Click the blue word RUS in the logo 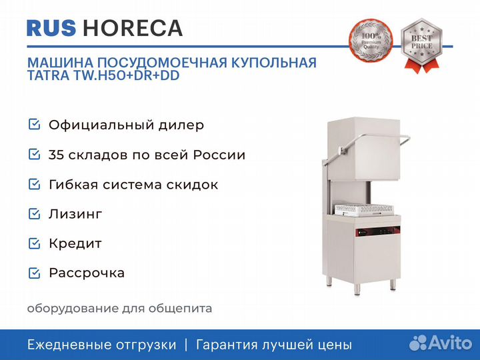51,28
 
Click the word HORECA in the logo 133,28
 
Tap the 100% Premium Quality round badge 371,41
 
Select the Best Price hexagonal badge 421,45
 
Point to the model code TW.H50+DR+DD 126,75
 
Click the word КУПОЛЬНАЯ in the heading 274,63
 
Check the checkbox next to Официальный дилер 34,125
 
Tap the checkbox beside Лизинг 34,214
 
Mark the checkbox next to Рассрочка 34,273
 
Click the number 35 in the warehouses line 56,155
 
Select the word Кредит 75,244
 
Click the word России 219,155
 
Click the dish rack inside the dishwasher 364,210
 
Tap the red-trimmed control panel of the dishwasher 378,231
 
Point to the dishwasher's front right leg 357,289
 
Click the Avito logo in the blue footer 441,343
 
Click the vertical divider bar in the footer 186,345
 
